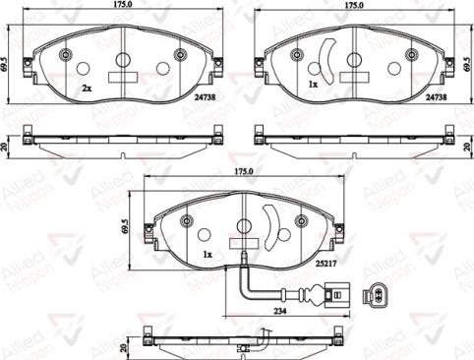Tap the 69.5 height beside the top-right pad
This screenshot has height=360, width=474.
pyautogui.click(x=466, y=66)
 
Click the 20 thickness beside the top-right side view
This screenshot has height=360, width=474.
pyautogui.click(x=466, y=144)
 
